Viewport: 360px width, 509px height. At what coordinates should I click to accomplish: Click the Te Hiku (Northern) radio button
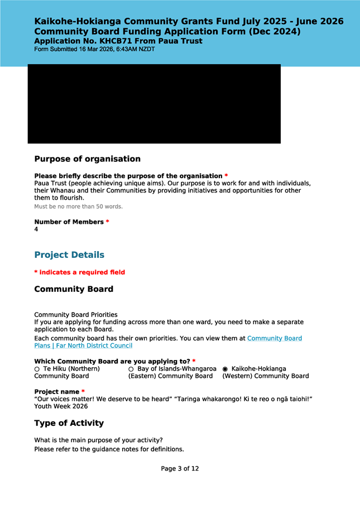click(37, 369)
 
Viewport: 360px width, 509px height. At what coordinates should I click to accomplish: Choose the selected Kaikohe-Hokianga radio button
click(225, 369)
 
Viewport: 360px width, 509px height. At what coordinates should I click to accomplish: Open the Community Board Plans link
click(274, 338)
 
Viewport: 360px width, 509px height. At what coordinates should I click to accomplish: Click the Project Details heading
click(69, 255)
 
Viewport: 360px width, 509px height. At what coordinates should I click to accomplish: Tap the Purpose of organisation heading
click(87, 159)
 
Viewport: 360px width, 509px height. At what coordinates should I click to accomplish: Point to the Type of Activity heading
click(69, 424)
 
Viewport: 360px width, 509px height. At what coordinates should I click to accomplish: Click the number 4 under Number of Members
click(36, 229)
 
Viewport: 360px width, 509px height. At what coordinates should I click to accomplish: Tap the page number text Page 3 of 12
click(180, 469)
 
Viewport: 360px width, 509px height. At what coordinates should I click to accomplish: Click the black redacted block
click(154, 104)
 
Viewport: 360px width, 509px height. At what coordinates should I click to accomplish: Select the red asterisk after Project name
click(83, 392)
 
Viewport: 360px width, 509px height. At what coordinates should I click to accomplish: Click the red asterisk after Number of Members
click(107, 222)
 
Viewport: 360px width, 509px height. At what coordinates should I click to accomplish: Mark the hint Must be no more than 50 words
click(78, 207)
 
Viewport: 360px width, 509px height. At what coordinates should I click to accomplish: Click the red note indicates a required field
click(79, 272)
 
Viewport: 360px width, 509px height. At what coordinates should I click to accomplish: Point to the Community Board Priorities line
click(75, 315)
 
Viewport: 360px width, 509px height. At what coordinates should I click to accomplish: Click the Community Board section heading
click(74, 289)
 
